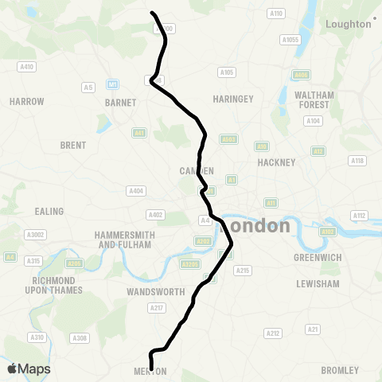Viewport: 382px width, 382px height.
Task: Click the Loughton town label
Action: tap(349, 24)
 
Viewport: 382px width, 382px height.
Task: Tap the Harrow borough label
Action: tap(26, 102)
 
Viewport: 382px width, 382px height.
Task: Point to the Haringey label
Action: tap(233, 99)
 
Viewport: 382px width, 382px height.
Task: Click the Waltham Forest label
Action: tap(314, 100)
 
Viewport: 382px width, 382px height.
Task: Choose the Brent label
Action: tap(72, 145)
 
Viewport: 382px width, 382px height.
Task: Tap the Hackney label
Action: tap(276, 162)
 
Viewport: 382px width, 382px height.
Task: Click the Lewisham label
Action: tap(318, 283)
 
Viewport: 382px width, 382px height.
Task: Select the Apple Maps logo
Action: tap(29, 368)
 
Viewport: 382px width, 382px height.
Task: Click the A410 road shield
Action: tap(26, 67)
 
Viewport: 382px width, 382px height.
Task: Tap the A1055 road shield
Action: tap(290, 40)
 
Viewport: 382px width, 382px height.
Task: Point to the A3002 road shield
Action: tap(37, 235)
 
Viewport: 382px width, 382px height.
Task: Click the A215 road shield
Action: tap(242, 271)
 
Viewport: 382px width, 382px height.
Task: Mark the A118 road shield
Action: tap(358, 161)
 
